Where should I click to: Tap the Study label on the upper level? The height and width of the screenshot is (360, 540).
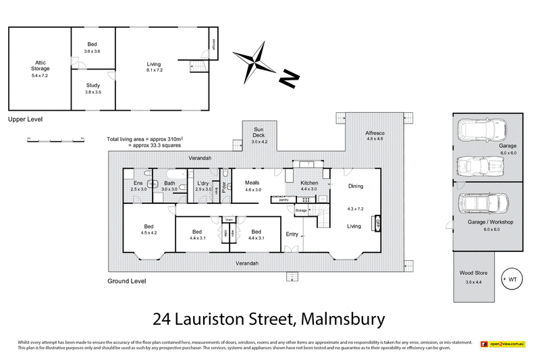point(93,85)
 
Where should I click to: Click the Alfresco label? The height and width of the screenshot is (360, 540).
point(375,134)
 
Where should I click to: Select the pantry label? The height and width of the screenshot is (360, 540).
point(283,199)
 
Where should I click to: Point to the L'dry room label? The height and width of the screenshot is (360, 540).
point(203,183)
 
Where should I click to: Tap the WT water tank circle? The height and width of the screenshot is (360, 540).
point(512,278)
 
